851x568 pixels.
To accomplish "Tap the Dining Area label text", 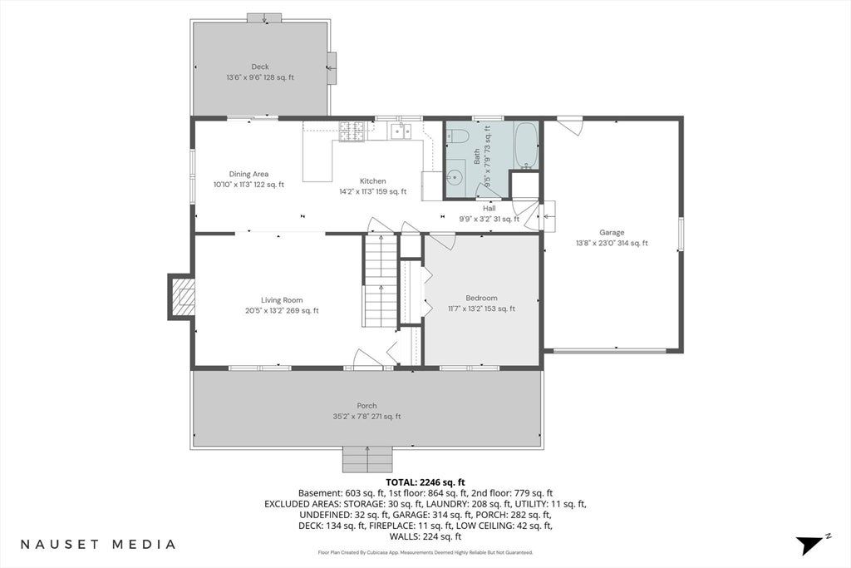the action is tap(248, 175).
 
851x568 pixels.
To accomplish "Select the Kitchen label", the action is tap(373, 181).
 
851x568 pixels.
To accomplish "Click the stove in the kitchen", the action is tap(352, 131).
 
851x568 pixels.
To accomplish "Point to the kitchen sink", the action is tap(401, 131).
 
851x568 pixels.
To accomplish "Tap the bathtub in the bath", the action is tap(526, 146).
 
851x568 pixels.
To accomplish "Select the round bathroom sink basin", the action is tap(455, 176).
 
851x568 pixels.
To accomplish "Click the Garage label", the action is tap(612, 232).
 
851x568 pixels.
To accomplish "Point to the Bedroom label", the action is tap(481, 298).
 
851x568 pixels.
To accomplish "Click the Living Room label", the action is tap(282, 300).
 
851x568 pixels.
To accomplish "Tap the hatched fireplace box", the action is tap(183, 297).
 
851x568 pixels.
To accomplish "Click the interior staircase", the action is tap(381, 281).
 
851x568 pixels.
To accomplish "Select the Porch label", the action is tap(366, 406).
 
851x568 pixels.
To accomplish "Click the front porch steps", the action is tap(367, 459).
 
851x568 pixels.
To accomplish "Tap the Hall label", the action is tap(489, 209).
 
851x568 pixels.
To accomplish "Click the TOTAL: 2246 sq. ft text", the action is tap(425, 482).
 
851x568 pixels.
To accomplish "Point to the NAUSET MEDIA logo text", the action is tap(98, 544).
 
